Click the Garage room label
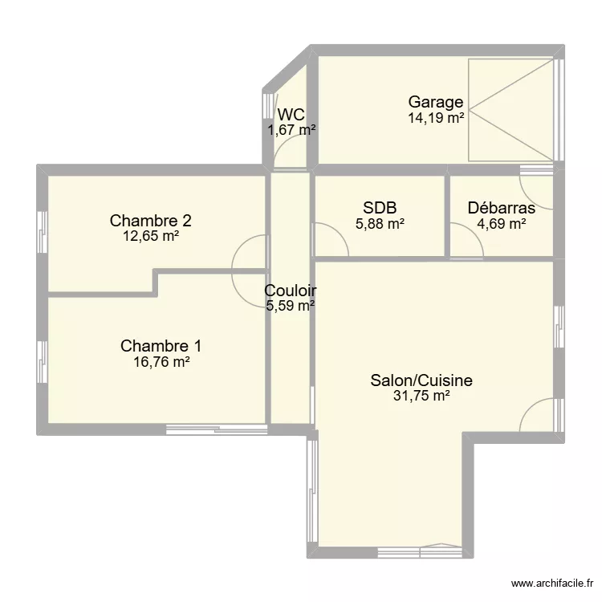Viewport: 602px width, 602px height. (x=436, y=102)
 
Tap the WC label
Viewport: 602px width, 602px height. (x=291, y=114)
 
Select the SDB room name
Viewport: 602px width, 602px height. (x=380, y=208)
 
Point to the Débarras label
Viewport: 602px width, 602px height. (x=502, y=208)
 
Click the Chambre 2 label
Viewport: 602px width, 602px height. (x=150, y=220)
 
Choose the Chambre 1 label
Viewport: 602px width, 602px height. (x=161, y=346)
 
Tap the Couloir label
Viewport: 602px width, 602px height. (x=291, y=291)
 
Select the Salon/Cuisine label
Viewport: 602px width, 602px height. (x=421, y=380)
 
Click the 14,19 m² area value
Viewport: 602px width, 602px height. (x=436, y=118)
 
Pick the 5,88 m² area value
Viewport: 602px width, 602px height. (x=380, y=225)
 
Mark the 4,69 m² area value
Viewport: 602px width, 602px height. (x=502, y=225)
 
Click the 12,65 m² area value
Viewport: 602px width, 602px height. (x=150, y=236)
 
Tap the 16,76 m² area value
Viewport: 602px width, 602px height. (x=161, y=363)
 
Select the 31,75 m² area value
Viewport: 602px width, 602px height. (x=421, y=396)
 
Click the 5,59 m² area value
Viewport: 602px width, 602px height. (x=291, y=305)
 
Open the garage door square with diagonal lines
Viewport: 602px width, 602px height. (x=511, y=107)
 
